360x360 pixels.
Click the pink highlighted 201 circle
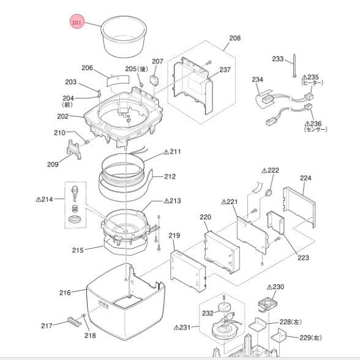point(77,22)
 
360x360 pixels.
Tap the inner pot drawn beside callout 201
point(124,36)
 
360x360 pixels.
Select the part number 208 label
point(234,38)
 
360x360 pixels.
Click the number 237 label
point(225,70)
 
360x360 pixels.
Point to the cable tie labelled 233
point(294,66)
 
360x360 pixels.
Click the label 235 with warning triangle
point(310,77)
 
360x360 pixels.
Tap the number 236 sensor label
point(313,124)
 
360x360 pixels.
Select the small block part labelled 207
point(154,80)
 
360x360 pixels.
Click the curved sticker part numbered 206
point(118,80)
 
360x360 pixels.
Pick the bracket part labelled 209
point(74,149)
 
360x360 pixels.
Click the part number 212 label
point(170,176)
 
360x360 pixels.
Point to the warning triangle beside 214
point(39,199)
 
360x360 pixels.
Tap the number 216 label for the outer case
point(65,293)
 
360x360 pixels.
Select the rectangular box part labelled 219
point(188,271)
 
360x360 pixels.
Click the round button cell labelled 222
point(269,193)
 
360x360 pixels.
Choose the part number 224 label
point(306,178)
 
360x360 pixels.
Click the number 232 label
point(208,313)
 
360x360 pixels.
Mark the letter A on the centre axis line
point(126,280)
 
